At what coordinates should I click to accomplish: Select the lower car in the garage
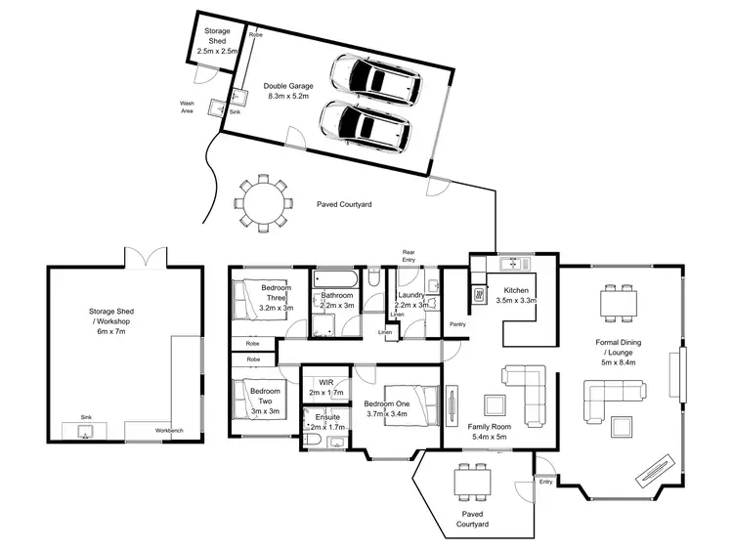(x=364, y=124)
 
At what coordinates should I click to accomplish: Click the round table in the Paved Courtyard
(x=262, y=203)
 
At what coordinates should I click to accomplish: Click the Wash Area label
(x=187, y=106)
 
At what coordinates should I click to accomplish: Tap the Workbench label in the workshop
(x=168, y=431)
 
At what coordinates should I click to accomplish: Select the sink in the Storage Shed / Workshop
(x=85, y=431)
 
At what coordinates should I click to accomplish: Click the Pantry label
(x=456, y=324)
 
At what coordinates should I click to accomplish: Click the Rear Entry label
(x=410, y=256)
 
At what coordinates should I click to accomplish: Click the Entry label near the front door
(x=544, y=480)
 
